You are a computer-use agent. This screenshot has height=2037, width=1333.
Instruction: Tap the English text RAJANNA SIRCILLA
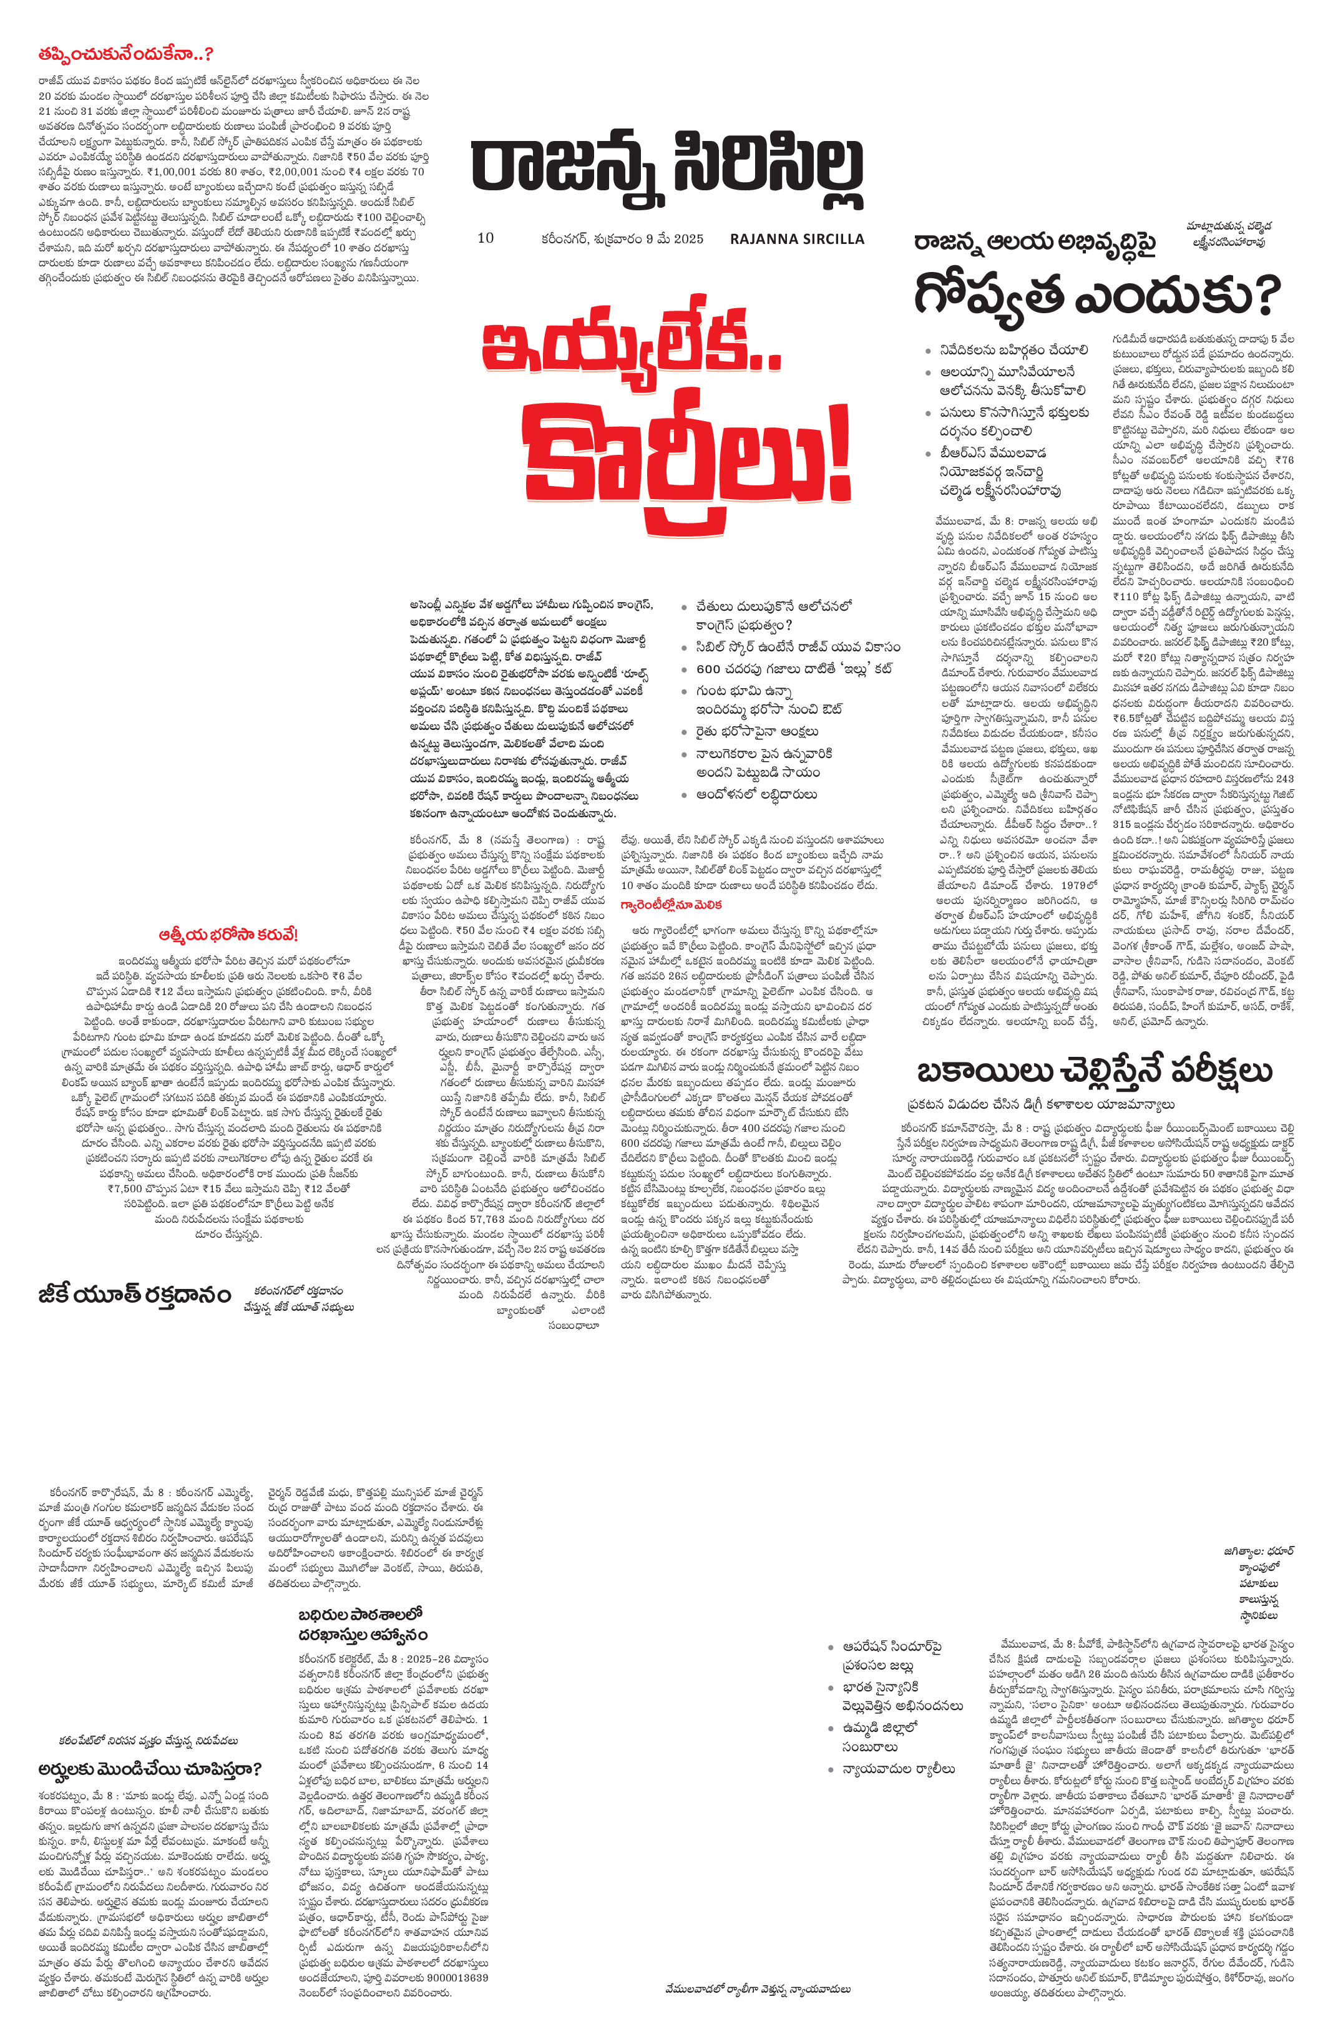click(797, 239)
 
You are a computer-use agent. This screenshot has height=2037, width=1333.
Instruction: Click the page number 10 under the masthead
click(486, 238)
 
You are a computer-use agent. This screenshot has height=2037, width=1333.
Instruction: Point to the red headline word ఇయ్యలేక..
click(631, 347)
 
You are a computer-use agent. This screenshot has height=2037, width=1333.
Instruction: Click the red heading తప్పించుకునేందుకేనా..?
click(125, 54)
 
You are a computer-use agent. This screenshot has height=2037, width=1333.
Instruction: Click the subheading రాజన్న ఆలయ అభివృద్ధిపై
click(1035, 243)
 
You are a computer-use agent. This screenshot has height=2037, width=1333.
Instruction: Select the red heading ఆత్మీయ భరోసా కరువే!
click(228, 934)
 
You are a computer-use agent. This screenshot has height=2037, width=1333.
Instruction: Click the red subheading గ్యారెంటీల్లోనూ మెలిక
click(671, 904)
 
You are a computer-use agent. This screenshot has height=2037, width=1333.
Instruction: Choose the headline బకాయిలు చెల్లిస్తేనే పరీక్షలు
click(1094, 1070)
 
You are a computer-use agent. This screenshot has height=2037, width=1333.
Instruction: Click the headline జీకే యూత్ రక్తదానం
click(134, 1294)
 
